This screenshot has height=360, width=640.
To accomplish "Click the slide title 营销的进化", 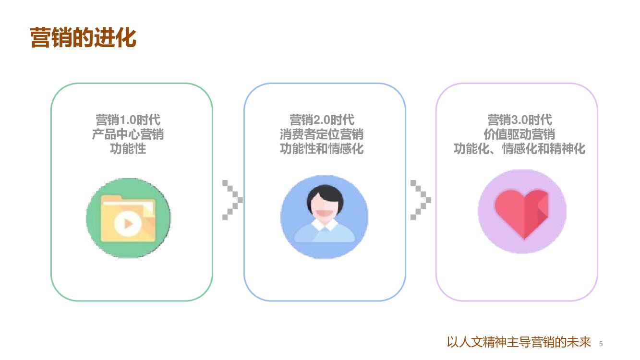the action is click(x=83, y=38).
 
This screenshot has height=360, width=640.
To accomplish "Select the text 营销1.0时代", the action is click(x=128, y=120).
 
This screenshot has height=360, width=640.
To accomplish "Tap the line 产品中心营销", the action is click(x=128, y=134).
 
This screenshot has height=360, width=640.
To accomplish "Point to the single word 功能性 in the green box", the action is click(x=128, y=149).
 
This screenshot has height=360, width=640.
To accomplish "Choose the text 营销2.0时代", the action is click(x=322, y=120).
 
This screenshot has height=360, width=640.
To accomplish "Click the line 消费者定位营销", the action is click(x=322, y=134).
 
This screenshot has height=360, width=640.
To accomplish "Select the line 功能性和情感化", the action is click(x=322, y=149).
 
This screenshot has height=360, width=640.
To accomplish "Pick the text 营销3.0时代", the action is click(x=519, y=120).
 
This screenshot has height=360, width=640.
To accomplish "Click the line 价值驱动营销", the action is click(x=519, y=134).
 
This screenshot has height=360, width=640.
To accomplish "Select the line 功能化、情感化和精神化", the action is click(x=519, y=149).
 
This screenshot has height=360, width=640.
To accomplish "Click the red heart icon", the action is click(x=522, y=213).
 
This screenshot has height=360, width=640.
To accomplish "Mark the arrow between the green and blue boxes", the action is click(x=232, y=200).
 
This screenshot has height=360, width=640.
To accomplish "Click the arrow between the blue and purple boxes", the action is click(x=420, y=200).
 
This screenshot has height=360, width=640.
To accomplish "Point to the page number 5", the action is click(x=601, y=344).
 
